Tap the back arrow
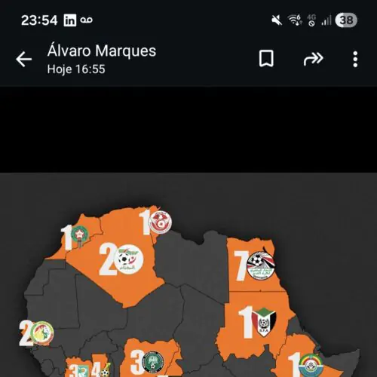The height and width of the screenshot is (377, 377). point(24,60)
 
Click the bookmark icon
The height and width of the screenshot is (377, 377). point(266,59)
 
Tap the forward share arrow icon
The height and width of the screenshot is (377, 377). point(312,59)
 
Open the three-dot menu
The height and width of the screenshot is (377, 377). point(355,59)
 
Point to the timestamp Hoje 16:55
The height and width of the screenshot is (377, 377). point(76,69)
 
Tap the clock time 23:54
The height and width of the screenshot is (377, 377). point(39,20)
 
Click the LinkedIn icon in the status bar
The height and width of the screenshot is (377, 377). point(70,20)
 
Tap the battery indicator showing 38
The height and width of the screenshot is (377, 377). point(346,20)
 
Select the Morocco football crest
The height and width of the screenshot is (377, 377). point(78,237)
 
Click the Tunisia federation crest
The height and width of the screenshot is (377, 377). point(160,222)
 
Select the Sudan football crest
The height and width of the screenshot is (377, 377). point(263,321)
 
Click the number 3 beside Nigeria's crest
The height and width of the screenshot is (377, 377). point(136,361)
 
